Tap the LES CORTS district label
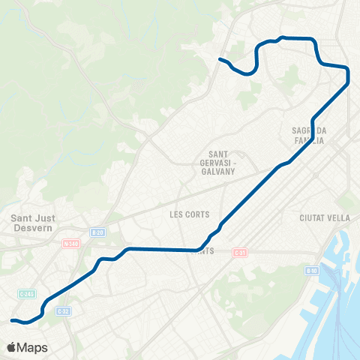pos(187,214)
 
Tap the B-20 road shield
pos(96,232)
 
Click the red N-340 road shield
pos(71,243)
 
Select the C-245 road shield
pos(26,295)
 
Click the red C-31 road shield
pos(239,252)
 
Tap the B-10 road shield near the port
pos(311,269)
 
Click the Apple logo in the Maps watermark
pos(12,347)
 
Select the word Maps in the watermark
pos(34,347)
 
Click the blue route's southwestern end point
pos(12,321)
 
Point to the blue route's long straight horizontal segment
pos(161,249)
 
